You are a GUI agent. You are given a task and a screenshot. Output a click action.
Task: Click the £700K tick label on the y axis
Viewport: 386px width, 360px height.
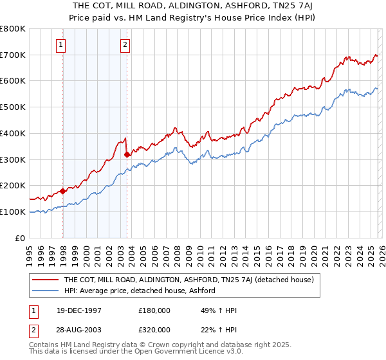tap(13, 55)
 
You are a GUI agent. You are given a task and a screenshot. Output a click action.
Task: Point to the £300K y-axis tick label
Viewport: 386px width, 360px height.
tap(13, 159)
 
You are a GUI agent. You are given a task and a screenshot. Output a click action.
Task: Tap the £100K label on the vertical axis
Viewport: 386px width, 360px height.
tap(13, 212)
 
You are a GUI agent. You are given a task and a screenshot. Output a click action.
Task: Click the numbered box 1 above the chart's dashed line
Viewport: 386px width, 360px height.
tap(60, 44)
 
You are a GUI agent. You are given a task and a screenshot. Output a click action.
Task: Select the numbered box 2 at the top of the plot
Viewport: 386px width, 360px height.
tap(124, 44)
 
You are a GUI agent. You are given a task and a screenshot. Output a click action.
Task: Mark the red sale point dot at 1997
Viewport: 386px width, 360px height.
tap(63, 191)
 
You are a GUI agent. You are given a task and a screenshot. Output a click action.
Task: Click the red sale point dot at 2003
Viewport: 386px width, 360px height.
tap(127, 154)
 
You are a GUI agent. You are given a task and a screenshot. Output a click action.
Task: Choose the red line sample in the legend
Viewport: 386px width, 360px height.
tap(46, 280)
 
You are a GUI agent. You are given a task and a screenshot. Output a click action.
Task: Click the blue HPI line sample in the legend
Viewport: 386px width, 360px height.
tap(46, 291)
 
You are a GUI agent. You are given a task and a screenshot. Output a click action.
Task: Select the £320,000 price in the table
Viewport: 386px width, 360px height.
tap(154, 329)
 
